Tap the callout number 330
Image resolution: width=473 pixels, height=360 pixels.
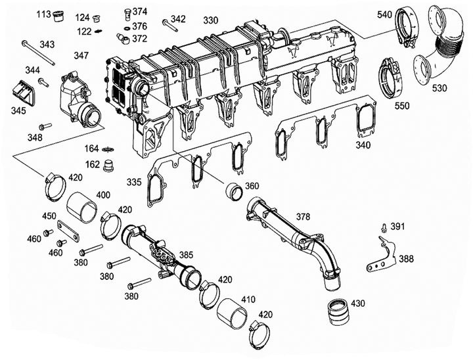coord(210,20)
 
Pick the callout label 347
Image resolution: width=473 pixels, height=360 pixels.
coord(82,56)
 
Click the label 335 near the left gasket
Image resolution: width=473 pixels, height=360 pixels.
coord(135,181)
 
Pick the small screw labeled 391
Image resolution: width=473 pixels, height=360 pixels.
coord(382,228)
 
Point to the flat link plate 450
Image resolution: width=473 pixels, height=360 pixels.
coord(68,229)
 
